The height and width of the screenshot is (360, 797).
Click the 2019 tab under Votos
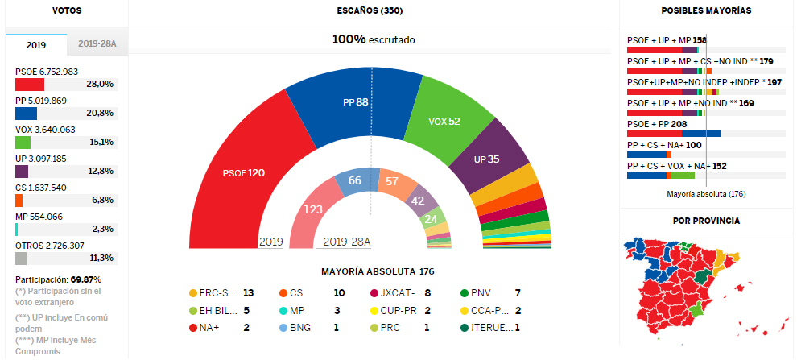coord(36,46)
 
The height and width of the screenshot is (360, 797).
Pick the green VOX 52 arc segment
coord(447,121)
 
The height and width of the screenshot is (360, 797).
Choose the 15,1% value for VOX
coord(101,142)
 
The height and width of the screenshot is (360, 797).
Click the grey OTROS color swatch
coord(21,259)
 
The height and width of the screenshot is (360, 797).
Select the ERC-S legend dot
coord(193,293)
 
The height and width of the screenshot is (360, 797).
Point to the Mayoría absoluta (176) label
coord(706,194)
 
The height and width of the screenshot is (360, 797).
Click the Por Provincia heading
coord(706,220)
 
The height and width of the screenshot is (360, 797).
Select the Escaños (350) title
coord(370,11)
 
